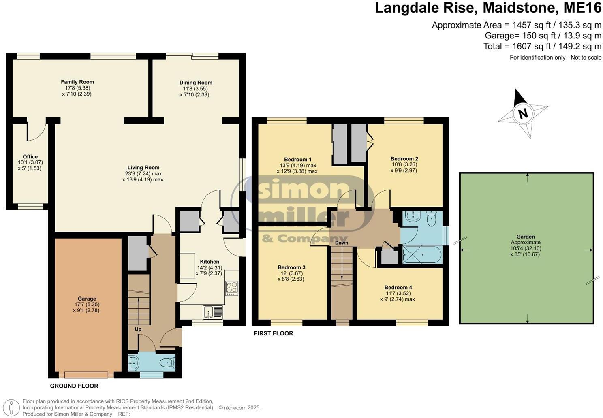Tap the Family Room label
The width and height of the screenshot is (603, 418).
(x=77, y=82)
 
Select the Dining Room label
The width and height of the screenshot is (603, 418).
(x=196, y=83)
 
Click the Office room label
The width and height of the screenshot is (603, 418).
(x=30, y=157)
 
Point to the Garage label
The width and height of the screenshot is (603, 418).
(x=87, y=299)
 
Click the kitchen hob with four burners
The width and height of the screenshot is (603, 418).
(x=232, y=288)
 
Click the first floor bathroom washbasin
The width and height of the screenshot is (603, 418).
(x=411, y=218)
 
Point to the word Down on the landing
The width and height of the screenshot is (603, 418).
(x=342, y=243)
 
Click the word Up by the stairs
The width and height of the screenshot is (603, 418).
(x=138, y=329)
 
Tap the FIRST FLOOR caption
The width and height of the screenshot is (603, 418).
(x=274, y=333)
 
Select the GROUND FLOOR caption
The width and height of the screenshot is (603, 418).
(x=74, y=386)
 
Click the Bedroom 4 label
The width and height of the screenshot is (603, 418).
(x=398, y=288)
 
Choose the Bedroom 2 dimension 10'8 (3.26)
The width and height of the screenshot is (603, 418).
(x=404, y=165)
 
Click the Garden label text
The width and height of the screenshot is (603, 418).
(x=526, y=237)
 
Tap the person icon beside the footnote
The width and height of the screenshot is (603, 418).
(x=13, y=407)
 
